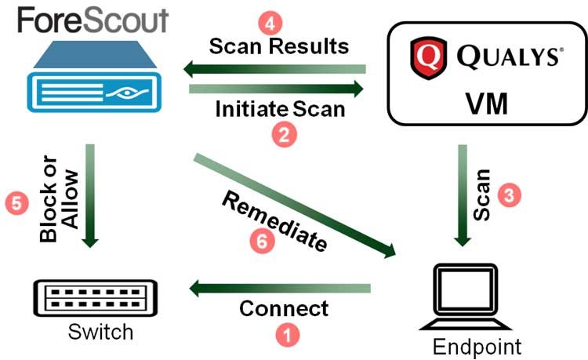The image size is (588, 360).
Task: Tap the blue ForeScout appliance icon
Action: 93,82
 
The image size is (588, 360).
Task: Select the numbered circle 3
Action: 510,197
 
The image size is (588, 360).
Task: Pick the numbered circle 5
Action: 15,203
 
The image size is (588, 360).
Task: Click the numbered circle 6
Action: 265,243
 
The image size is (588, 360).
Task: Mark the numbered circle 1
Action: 289,335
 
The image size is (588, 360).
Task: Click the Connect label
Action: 284,308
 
